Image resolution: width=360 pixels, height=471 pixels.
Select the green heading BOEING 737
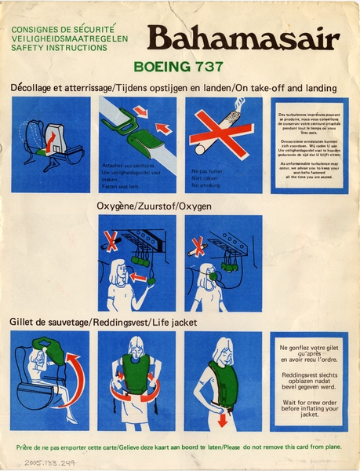pyautogui.click(x=180, y=67)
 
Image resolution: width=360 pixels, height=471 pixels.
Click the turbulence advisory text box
pyautogui.click(x=308, y=145)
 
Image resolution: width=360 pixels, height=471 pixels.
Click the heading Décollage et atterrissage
pyautogui.click(x=61, y=87)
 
